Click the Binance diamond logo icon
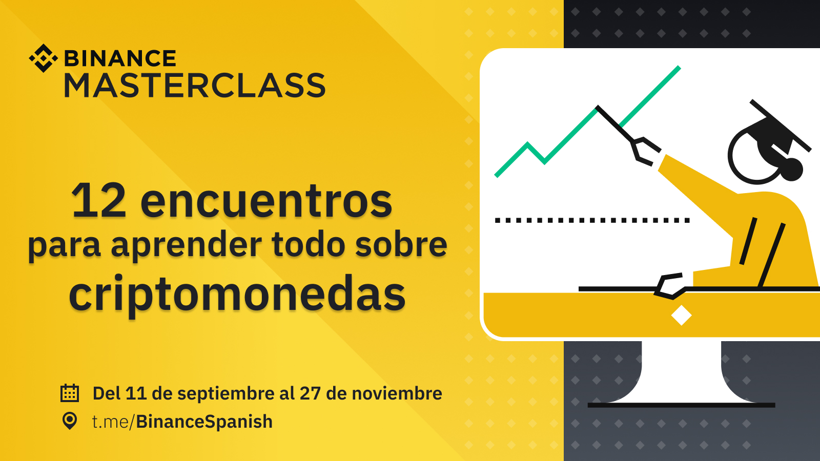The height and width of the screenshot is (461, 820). pos(43,58)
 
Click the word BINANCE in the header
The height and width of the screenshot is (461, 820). pos(120,58)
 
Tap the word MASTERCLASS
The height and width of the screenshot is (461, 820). pos(195,85)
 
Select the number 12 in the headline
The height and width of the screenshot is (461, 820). pos(99,201)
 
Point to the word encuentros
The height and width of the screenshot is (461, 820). pos(266,202)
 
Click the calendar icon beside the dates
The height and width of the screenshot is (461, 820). pos(70,393)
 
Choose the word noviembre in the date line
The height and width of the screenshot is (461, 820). pos(397,394)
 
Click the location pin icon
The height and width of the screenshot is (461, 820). pos(70,421)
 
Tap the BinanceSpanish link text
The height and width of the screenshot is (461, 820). pos(204,422)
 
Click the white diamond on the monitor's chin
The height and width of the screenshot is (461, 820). pos(681,315)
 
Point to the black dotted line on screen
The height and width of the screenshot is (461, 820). pos(592,220)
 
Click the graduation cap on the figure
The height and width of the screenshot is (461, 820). pos(776,128)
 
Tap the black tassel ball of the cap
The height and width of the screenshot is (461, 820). pos(792,170)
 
